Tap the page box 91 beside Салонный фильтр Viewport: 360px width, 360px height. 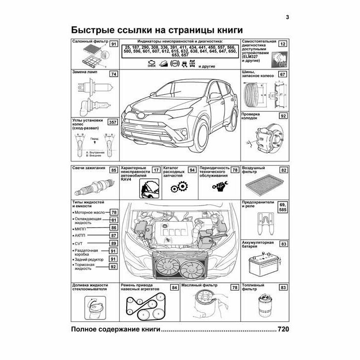(x=113, y=45)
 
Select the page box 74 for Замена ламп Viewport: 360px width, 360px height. (x=113, y=75)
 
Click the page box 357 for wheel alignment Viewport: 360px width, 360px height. (x=112, y=122)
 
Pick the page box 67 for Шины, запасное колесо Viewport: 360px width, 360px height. (x=282, y=75)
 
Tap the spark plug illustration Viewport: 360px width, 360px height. (x=92, y=186)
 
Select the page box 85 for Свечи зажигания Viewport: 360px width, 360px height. (x=113, y=170)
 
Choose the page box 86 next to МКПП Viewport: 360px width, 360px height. (x=113, y=227)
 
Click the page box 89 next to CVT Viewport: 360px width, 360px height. (x=113, y=243)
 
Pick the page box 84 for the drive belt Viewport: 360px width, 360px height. (x=174, y=288)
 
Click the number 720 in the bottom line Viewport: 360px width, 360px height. (x=284, y=329)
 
